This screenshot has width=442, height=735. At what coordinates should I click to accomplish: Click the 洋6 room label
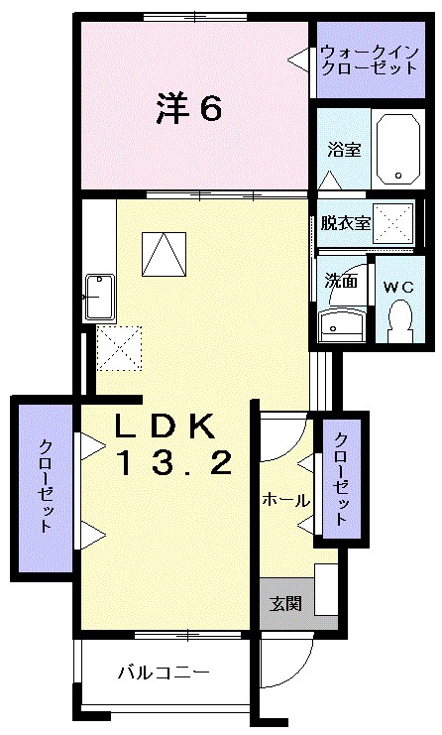tap(187, 108)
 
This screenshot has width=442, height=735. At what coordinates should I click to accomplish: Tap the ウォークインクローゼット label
tap(355, 60)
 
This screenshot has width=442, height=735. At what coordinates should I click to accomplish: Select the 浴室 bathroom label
tap(344, 150)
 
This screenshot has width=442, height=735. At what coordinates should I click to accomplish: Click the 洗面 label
tap(342, 281)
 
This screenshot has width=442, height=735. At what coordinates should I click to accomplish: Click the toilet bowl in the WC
tap(400, 318)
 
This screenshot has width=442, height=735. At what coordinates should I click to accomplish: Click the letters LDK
tap(165, 427)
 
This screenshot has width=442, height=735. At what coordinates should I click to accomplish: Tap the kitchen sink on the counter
tap(99, 295)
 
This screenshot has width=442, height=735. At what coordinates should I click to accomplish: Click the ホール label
tap(285, 501)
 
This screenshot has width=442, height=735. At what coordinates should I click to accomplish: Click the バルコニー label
tap(163, 673)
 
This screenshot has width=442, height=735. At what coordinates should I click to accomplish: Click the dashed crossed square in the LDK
tap(119, 347)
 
